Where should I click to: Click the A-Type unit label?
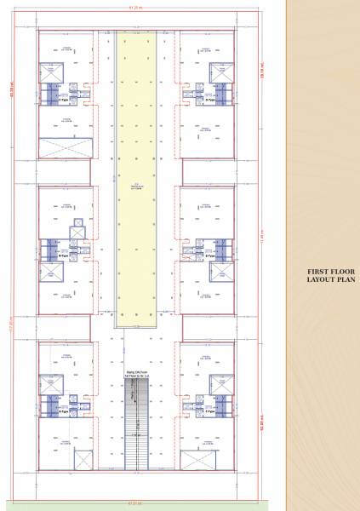(61, 410)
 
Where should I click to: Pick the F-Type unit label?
(209, 410)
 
